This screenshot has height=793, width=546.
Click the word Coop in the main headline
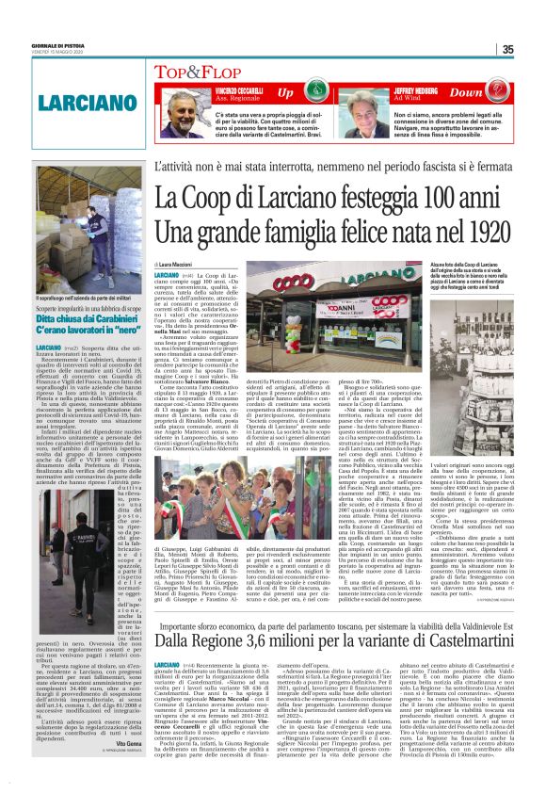(205, 199)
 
